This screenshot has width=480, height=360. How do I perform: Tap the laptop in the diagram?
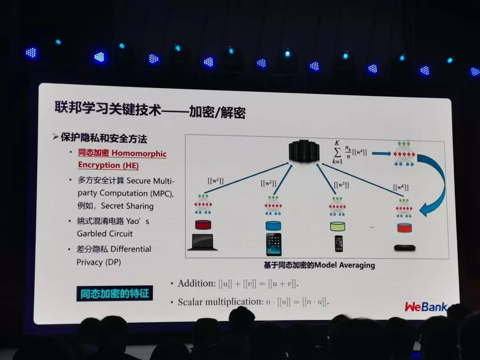click(203, 242)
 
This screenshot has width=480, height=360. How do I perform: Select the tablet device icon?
click(273, 244)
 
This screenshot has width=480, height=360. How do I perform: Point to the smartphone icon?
click(339, 244)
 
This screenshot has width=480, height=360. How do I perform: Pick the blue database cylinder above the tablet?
click(273, 225)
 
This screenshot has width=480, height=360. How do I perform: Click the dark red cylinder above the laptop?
click(203, 225)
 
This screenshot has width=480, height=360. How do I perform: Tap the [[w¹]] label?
click(216, 181)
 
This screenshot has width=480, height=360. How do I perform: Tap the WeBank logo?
click(425, 306)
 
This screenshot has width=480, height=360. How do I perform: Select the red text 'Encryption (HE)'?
click(108, 165)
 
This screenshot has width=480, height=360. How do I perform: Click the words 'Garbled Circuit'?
click(105, 233)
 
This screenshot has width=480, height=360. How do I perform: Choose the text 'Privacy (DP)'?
click(99, 262)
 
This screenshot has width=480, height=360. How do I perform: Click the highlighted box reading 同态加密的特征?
click(115, 294)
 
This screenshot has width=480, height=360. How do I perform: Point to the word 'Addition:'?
click(196, 284)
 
